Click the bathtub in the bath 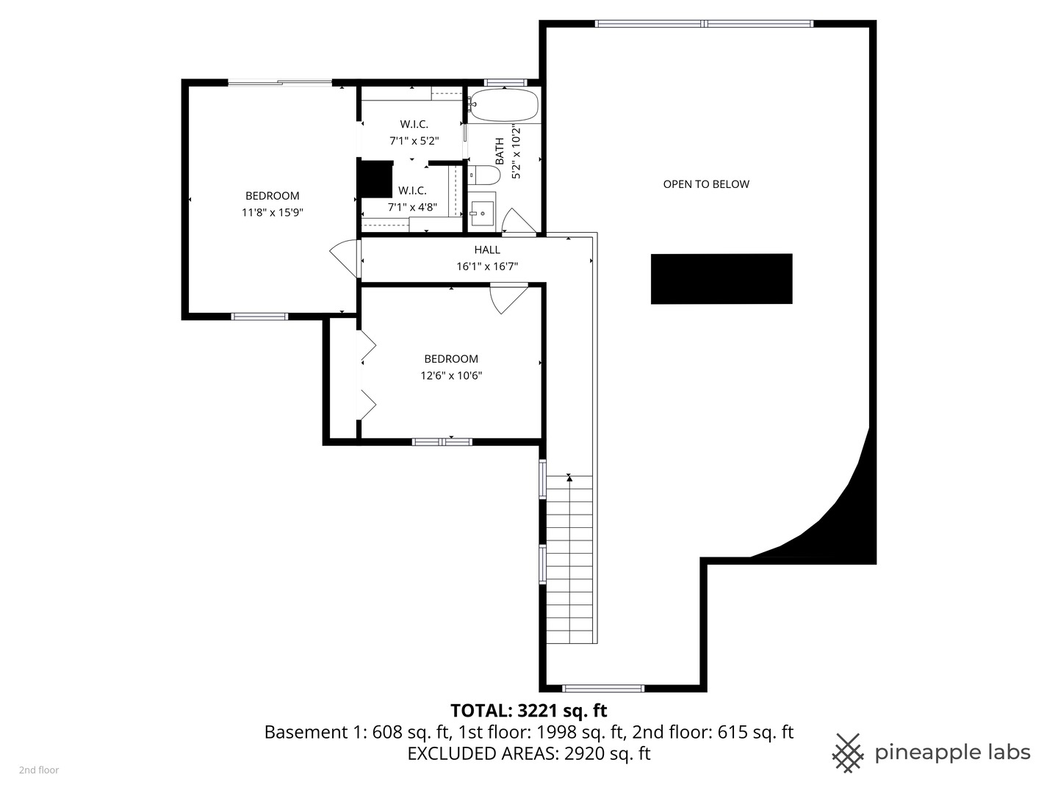[504, 105]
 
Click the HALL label [487, 250]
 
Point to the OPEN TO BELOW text [706, 184]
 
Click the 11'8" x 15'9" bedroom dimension [273, 213]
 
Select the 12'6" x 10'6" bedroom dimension [451, 376]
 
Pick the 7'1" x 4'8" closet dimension [412, 208]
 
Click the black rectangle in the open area [721, 278]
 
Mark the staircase [569, 558]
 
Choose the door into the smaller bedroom [507, 297]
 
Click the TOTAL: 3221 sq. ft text [528, 711]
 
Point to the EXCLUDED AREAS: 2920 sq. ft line [528, 754]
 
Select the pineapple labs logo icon [847, 753]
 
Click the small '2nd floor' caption [39, 770]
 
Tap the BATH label [500, 151]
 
